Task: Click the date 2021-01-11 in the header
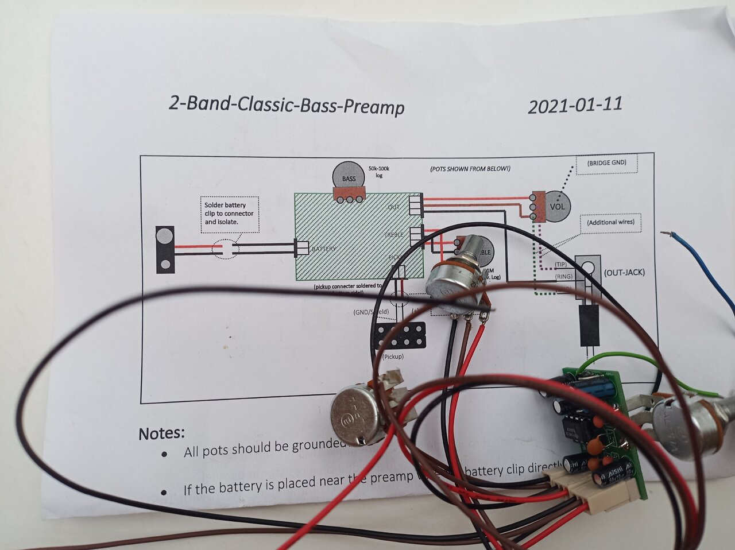pyautogui.click(x=575, y=106)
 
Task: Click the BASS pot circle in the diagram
pyautogui.click(x=349, y=176)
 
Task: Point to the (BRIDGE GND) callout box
pyautogui.click(x=606, y=163)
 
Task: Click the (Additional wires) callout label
pyautogui.click(x=610, y=222)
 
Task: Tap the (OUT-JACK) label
pyautogui.click(x=624, y=272)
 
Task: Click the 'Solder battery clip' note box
pyautogui.click(x=229, y=214)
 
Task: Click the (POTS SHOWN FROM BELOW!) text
pyautogui.click(x=470, y=169)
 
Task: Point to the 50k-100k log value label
pyautogui.click(x=379, y=171)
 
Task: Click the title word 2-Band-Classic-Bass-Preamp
pyautogui.click(x=287, y=106)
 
